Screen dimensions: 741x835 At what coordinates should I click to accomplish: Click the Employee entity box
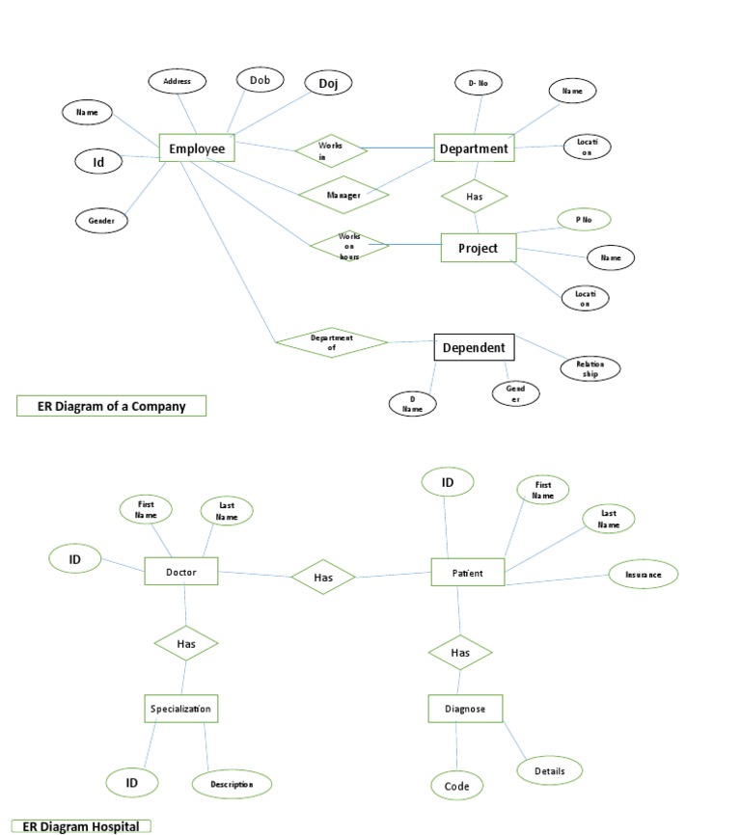coord(197,148)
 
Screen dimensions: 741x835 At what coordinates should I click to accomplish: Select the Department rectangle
coord(473,148)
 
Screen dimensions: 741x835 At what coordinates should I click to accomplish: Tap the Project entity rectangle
coord(478,248)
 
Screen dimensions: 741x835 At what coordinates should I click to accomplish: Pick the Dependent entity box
coord(473,347)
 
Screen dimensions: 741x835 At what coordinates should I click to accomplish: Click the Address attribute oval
coord(177,82)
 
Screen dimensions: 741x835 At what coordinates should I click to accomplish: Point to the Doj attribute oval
coord(328,84)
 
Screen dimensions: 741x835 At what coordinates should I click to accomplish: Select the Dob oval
coord(260,81)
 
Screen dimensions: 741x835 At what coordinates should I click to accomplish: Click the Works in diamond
coord(330,150)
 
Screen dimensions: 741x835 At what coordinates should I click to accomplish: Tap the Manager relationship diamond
coord(343,195)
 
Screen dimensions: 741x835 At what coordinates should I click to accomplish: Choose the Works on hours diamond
coord(348,246)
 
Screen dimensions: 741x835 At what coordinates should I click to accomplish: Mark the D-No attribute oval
coord(479,84)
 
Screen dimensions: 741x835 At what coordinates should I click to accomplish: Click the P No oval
coord(584,220)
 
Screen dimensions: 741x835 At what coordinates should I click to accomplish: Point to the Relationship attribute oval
coord(590,368)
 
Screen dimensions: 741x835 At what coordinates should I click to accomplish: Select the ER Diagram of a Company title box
coord(112,406)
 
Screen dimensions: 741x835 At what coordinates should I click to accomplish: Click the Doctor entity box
coord(181,572)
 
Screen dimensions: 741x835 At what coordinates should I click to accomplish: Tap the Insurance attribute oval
coord(644,575)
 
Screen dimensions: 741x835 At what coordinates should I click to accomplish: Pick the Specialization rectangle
coord(180,709)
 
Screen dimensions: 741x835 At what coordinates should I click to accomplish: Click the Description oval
coord(232,784)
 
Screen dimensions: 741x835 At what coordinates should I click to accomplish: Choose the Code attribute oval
coord(457,786)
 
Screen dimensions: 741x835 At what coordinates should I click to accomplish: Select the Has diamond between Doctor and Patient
coord(323,577)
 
